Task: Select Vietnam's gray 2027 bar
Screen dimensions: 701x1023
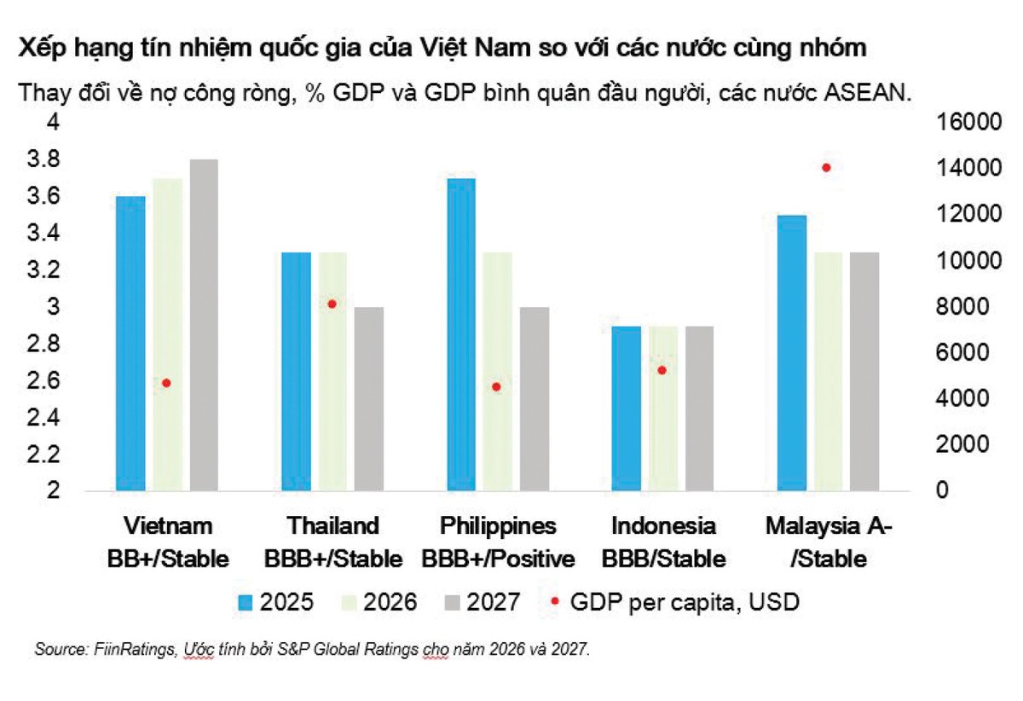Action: [x=205, y=325]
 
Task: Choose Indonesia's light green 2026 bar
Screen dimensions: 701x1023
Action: [x=663, y=408]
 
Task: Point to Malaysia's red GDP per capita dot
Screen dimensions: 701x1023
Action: [x=825, y=167]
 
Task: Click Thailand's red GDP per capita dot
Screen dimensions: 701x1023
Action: [x=332, y=304]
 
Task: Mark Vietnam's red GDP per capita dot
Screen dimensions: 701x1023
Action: [x=166, y=383]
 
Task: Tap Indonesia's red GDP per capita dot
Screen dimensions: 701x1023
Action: [x=662, y=370]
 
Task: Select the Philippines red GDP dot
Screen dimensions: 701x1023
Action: [x=496, y=386]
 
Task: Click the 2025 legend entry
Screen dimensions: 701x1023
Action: [x=275, y=602]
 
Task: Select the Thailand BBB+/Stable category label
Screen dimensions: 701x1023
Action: [x=332, y=542]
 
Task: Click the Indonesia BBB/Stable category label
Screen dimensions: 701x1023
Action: [x=663, y=542]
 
